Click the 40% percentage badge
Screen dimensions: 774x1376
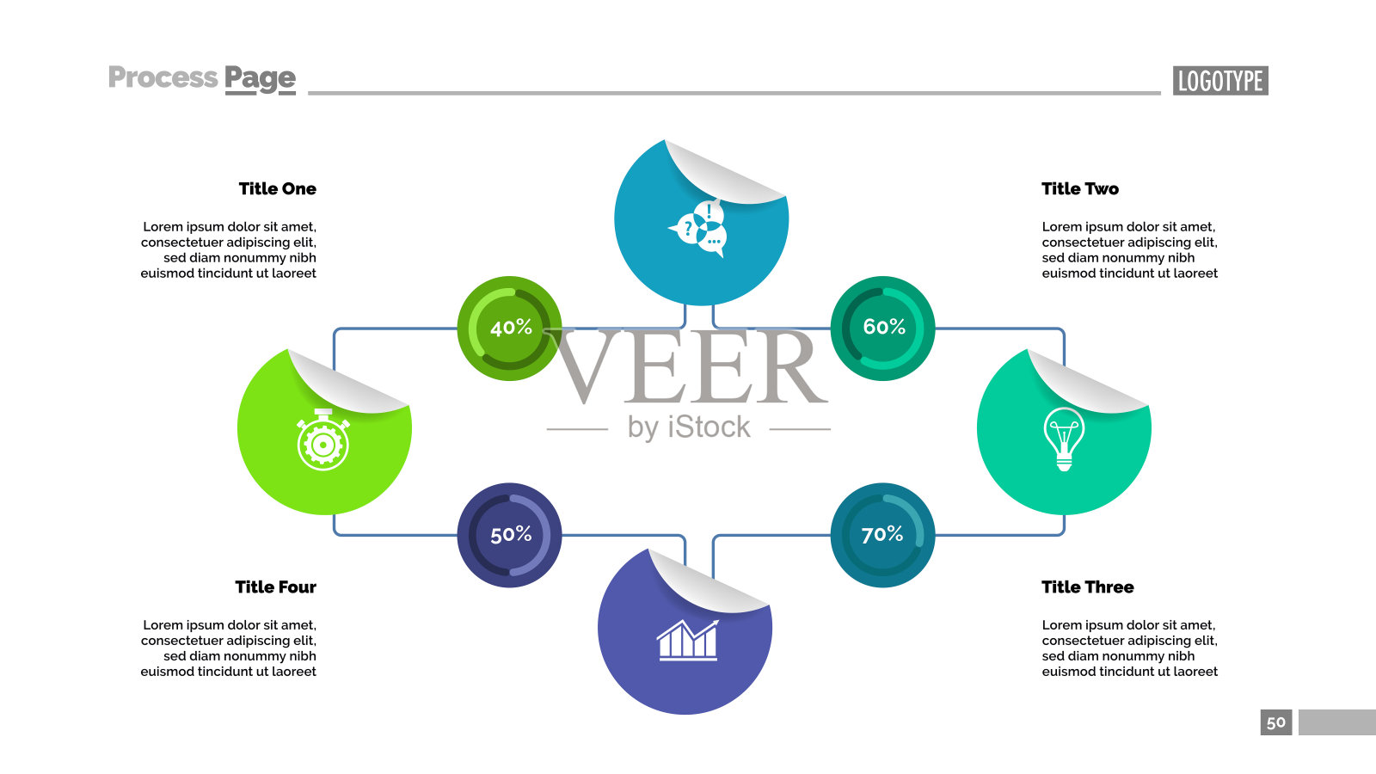[x=509, y=328]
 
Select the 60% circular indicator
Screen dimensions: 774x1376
[x=882, y=328]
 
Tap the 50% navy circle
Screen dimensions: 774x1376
[x=509, y=535]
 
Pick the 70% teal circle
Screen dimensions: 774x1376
[x=882, y=535]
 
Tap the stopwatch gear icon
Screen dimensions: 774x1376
[x=323, y=440]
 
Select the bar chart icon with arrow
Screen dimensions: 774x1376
[x=687, y=640]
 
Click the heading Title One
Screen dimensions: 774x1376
[x=277, y=189]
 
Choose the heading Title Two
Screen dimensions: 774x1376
[x=1080, y=189]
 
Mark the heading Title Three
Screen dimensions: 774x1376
[x=1087, y=587]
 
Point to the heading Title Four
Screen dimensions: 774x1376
[x=275, y=587]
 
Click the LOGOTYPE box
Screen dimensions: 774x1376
[x=1220, y=81]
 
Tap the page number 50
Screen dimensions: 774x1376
[x=1276, y=722]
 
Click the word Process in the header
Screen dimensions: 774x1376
[x=163, y=77]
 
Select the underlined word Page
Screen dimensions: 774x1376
[x=260, y=79]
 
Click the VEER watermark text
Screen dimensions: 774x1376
[x=688, y=368]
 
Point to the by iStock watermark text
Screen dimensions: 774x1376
[x=689, y=427]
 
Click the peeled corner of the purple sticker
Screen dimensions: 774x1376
[x=705, y=582]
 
